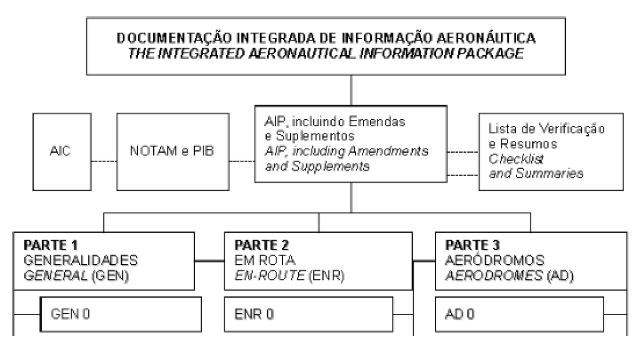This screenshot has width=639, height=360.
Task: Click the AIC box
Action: point(62,152)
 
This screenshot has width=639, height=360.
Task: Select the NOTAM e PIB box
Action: point(173,152)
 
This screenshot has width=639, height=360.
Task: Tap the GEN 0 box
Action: point(121,314)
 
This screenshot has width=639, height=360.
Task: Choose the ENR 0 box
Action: point(309,314)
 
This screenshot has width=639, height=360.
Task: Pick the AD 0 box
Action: point(519,314)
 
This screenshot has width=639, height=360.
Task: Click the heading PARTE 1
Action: point(51,245)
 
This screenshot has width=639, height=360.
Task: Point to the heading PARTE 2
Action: point(261,245)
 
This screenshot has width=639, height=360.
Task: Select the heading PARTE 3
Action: point(473,245)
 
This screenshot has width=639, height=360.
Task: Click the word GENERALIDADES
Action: point(80,261)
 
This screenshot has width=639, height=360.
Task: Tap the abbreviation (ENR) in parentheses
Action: point(326,275)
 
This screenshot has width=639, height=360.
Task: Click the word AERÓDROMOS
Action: point(495,260)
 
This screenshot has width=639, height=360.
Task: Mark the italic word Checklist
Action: point(516,159)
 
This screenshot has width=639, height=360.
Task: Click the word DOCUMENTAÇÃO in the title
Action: point(174,38)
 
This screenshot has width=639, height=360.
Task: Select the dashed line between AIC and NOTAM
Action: point(104,161)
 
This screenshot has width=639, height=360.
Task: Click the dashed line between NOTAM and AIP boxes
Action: point(242,161)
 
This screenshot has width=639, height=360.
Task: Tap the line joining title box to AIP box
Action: point(351,90)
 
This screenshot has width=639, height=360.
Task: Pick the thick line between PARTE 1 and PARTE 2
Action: point(209,261)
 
